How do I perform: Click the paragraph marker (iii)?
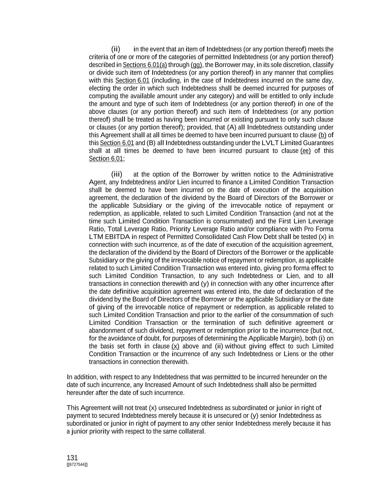coord(117,174)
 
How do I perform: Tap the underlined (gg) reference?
coord(196,65)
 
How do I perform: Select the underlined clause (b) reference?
coord(322,135)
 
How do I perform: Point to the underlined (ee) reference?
coord(305,151)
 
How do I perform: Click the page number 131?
coord(72,457)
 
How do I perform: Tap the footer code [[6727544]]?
coord(77,465)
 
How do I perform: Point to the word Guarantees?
coord(319,143)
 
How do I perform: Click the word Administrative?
coord(313,174)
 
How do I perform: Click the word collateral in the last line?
coord(192,431)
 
